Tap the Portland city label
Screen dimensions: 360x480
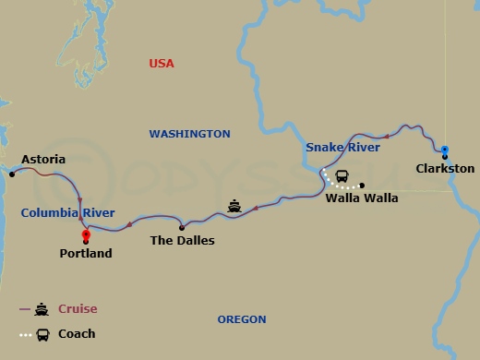(85, 253)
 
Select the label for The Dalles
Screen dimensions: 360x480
(182, 241)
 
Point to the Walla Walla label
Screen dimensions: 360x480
(362, 198)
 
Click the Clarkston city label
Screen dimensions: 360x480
(445, 169)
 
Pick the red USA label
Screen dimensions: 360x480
(162, 64)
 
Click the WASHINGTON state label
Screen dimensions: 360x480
(189, 134)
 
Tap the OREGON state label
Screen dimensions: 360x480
(242, 319)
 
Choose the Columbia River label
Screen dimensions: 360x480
(67, 213)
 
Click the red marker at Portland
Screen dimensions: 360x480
(86, 235)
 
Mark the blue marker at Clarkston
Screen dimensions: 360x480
(445, 150)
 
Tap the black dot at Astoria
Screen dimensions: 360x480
(12, 173)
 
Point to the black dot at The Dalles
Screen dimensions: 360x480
(181, 227)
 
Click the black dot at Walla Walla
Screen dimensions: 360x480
(362, 184)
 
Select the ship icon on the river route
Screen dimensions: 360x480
(234, 207)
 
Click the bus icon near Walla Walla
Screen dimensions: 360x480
(342, 176)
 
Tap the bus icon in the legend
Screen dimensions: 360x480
(43, 334)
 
